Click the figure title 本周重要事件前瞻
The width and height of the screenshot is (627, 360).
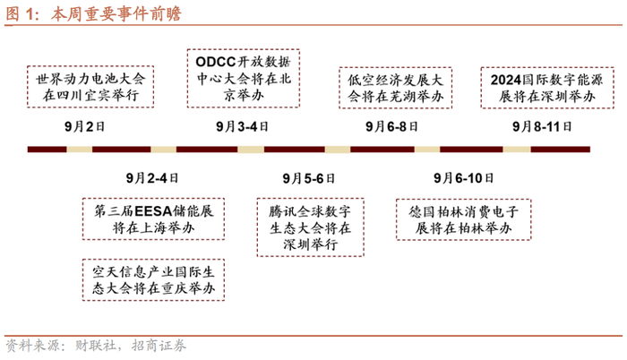coord(93,13)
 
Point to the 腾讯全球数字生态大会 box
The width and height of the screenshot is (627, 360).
coord(308,227)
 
